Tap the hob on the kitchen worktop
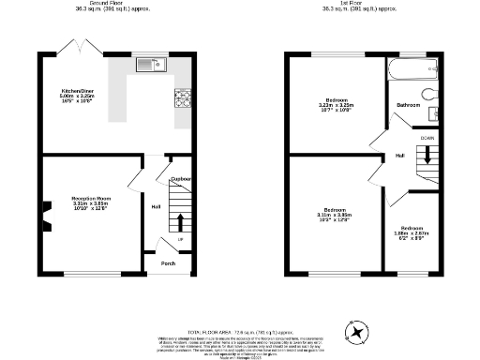pos(181,98)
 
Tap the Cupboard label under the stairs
pos(181,178)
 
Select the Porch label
pos(168,263)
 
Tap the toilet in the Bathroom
pos(429,95)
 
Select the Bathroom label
pos(408,105)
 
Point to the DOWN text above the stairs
pos(427,138)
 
